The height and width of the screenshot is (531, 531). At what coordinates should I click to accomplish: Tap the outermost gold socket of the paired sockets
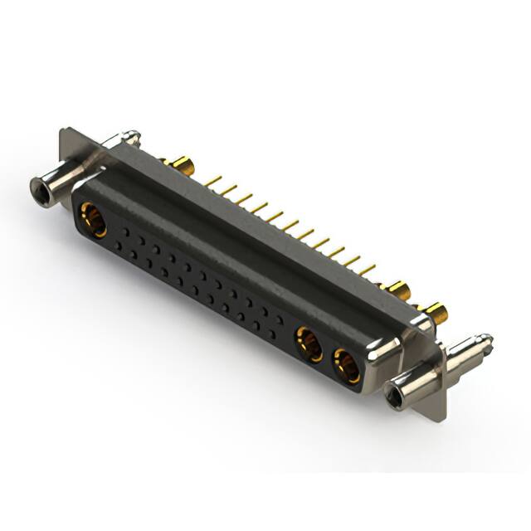[x=347, y=366]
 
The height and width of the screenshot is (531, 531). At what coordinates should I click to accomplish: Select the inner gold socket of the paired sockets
[x=309, y=343]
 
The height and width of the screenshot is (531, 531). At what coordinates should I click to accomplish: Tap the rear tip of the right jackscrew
[x=486, y=342]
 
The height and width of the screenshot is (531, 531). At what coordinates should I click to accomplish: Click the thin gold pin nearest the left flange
[x=212, y=180]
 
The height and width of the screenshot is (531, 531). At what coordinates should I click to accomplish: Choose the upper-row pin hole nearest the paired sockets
[x=280, y=319]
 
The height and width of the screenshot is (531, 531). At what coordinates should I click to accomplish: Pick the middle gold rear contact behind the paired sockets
[x=398, y=290]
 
